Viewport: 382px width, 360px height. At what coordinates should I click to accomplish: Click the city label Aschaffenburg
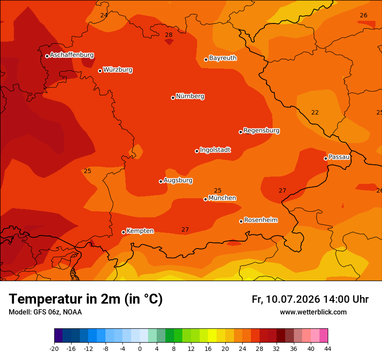72,55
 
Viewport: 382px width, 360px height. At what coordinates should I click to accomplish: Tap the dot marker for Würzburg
100,71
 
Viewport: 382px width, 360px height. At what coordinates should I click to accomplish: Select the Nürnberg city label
190,96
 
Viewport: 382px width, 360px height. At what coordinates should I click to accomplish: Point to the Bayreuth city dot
206,59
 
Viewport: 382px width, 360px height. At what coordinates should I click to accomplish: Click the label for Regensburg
261,131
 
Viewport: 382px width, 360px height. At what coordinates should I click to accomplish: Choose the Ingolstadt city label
215,150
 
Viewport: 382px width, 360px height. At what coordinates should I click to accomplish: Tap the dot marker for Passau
326,158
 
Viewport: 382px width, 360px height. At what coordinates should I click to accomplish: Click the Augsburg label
178,180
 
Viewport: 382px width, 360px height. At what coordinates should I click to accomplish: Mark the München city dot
205,200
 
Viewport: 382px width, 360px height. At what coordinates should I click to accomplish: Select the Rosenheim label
261,220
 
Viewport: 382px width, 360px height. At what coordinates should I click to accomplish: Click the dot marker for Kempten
124,232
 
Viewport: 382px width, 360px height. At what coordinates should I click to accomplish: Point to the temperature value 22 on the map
315,112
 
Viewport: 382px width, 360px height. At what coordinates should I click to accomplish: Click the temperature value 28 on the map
168,35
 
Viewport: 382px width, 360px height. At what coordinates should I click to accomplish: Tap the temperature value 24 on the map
104,15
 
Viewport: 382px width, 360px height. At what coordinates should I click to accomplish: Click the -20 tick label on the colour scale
54,349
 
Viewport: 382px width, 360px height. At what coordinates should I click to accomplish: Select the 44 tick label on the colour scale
328,349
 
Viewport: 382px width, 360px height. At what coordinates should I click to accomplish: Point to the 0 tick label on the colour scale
140,349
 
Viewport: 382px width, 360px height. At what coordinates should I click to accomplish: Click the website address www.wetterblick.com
313,312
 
